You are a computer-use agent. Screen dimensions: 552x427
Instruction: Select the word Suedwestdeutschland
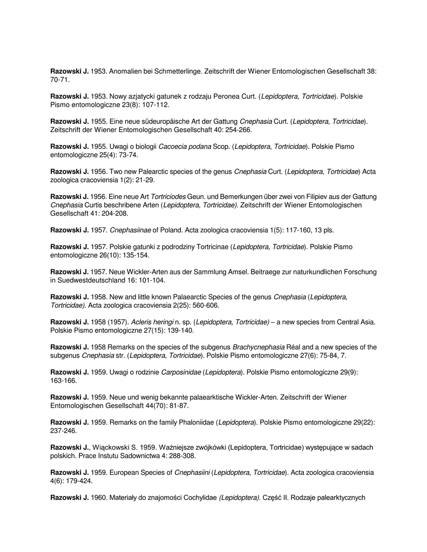point(89,280)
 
